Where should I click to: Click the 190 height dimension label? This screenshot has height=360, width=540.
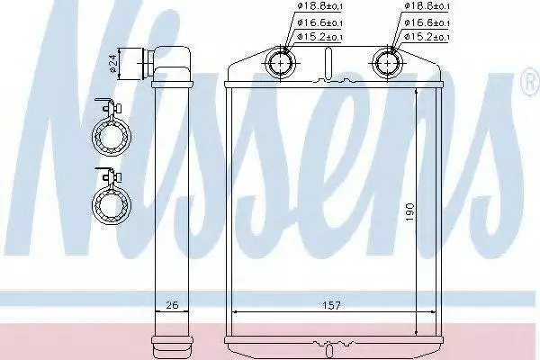pos(409,212)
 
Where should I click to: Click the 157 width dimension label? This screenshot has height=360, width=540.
pos(331,305)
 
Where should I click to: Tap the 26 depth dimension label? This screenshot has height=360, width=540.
pos(172,305)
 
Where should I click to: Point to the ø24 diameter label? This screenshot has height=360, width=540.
pos(113,65)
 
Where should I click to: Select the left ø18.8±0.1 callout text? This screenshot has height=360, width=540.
pos(319,6)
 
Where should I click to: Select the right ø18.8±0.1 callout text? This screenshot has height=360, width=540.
pos(427,6)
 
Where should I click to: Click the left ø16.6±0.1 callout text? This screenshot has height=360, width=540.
pos(319,22)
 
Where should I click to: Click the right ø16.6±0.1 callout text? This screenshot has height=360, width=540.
pos(427,22)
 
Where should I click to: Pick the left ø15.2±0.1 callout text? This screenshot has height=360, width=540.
pos(319,37)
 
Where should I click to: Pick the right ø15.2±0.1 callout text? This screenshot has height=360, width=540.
pos(427,37)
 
